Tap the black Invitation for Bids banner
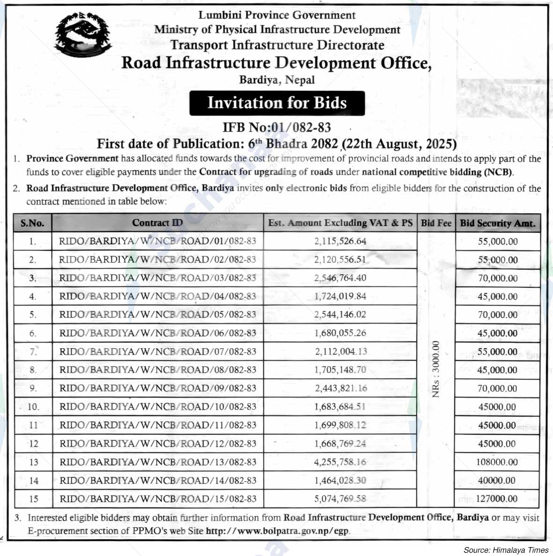pyautogui.click(x=277, y=103)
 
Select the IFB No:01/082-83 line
pyautogui.click(x=277, y=127)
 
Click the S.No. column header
pyautogui.click(x=32, y=223)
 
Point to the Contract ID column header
pyautogui.click(x=157, y=223)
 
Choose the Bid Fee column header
pyautogui.click(x=436, y=223)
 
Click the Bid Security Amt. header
pyautogui.click(x=497, y=223)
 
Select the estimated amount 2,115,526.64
pyautogui.click(x=340, y=241)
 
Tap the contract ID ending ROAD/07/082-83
pyautogui.click(x=158, y=351)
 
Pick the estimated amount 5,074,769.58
pyautogui.click(x=340, y=498)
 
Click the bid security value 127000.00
pyautogui.click(x=497, y=499)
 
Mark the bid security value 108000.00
pyautogui.click(x=497, y=462)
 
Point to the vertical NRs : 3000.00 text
pyautogui.click(x=436, y=369)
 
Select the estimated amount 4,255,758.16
pyautogui.click(x=340, y=462)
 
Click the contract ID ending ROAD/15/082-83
pyautogui.click(x=158, y=499)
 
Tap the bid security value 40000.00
pyautogui.click(x=497, y=480)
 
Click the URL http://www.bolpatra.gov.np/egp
pyautogui.click(x=278, y=531)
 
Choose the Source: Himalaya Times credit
pyautogui.click(x=506, y=550)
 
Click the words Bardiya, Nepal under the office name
pyautogui.click(x=277, y=80)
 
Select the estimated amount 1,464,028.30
pyautogui.click(x=340, y=480)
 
